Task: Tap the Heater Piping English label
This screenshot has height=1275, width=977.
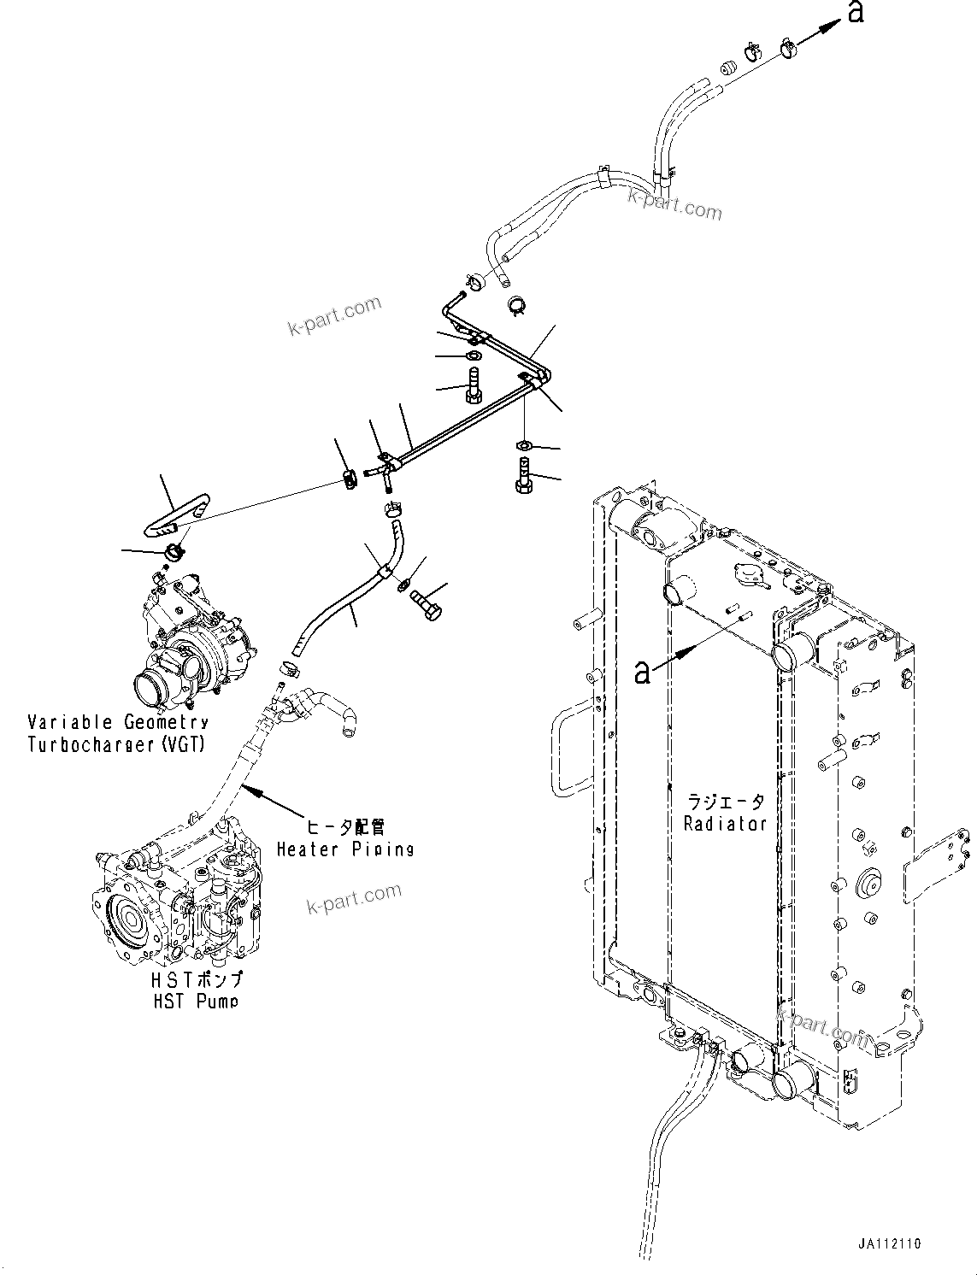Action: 344,849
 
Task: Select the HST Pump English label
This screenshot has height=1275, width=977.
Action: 196,1002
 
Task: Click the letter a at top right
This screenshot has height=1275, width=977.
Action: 854,12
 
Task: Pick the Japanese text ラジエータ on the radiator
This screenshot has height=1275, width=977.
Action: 726,802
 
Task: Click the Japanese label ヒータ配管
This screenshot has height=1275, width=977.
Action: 345,827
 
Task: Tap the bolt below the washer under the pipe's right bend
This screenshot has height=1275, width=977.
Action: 523,475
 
